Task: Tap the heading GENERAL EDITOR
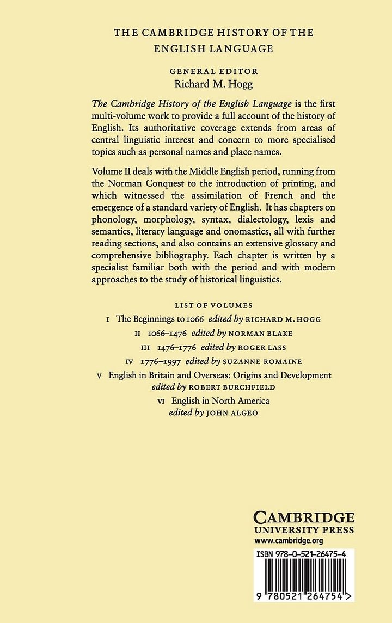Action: click(x=213, y=71)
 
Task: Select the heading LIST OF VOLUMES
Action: click(x=213, y=305)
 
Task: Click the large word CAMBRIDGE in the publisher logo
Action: click(x=304, y=517)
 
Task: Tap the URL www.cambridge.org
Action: click(x=289, y=540)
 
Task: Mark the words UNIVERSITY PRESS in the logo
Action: click(x=304, y=530)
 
